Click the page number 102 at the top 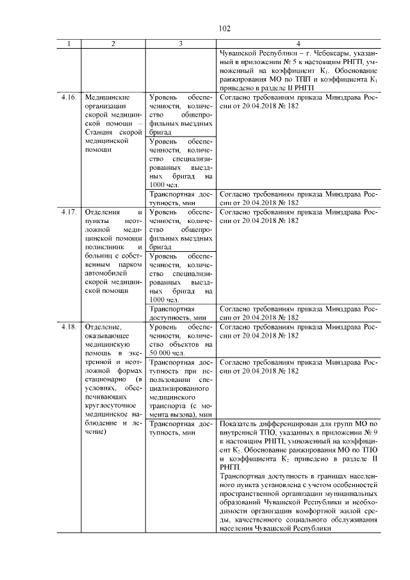pos(224,29)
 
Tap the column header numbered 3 pos(181,44)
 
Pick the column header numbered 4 pos(299,44)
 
